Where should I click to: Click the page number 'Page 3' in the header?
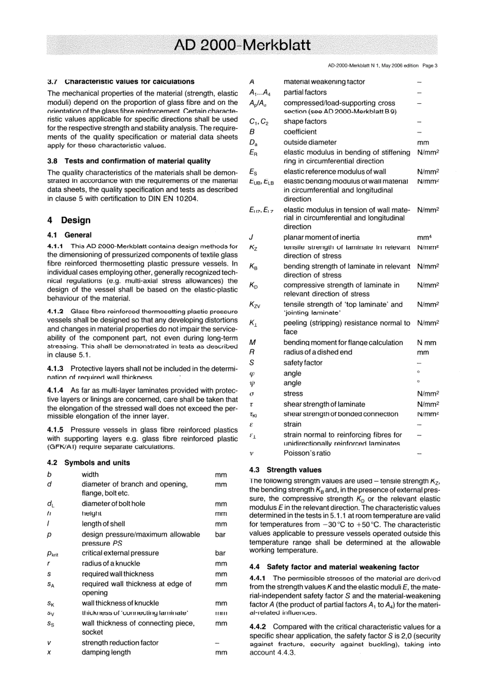pyautogui.click(x=430, y=66)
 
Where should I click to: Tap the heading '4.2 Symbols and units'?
pyautogui.click(x=88, y=463)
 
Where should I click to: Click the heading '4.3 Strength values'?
pyautogui.click(x=285, y=470)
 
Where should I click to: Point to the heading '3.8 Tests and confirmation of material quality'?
pyautogui.click(x=129, y=161)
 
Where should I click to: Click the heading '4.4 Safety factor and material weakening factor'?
pyautogui.click(x=334, y=567)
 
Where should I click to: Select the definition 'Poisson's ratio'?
pyautogui.click(x=307, y=453)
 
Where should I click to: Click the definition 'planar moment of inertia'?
pyautogui.click(x=322, y=237)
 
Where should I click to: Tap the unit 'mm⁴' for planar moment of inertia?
pyautogui.click(x=424, y=237)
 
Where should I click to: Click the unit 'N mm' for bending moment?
pyautogui.click(x=426, y=343)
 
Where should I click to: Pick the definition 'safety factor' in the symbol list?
pyautogui.click(x=303, y=363)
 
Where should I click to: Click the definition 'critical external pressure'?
pyautogui.click(x=120, y=553)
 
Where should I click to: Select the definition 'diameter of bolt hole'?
pyautogui.click(x=113, y=504)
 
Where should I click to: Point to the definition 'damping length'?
pyautogui.click(x=106, y=652)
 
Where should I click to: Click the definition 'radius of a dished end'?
pyautogui.click(x=317, y=352)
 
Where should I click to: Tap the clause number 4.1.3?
pyautogui.click(x=55, y=369)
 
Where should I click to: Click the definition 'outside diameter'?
pyautogui.click(x=310, y=142)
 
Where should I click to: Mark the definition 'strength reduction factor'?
pyautogui.click(x=120, y=643)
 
